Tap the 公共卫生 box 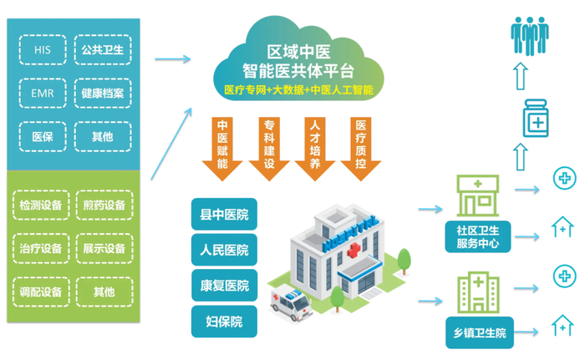click(x=104, y=50)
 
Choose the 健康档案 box click(x=104, y=93)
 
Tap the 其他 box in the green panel click(x=104, y=292)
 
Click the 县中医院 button click(x=225, y=215)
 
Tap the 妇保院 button click(x=225, y=320)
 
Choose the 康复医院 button click(x=225, y=285)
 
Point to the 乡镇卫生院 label click(x=476, y=334)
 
